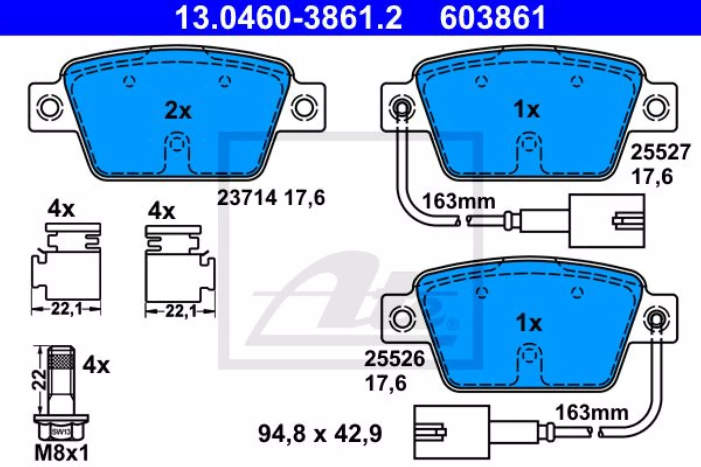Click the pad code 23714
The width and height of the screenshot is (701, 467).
247,198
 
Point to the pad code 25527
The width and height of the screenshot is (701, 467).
660,152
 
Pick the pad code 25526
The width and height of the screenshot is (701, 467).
394,359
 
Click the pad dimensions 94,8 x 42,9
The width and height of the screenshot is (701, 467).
320,434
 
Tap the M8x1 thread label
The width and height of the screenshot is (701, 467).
62,454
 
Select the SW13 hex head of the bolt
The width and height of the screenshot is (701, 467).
61,429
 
